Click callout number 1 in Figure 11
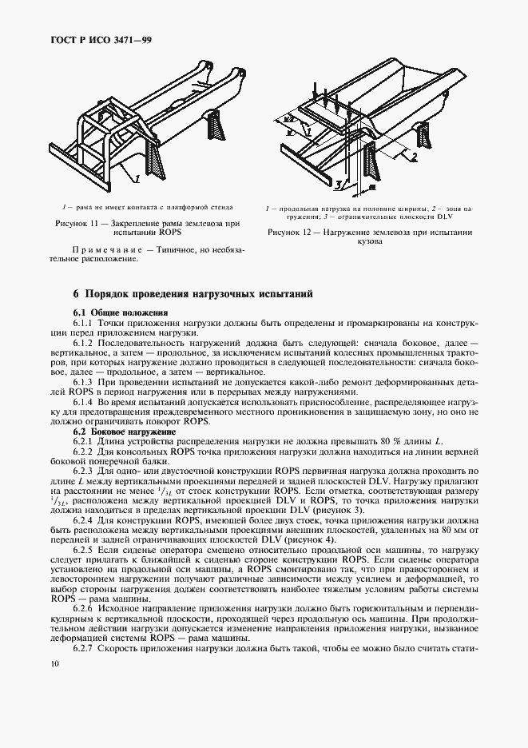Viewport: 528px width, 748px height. click(x=136, y=176)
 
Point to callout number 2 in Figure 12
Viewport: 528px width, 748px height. click(x=414, y=158)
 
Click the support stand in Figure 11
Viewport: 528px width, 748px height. click(x=217, y=127)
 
